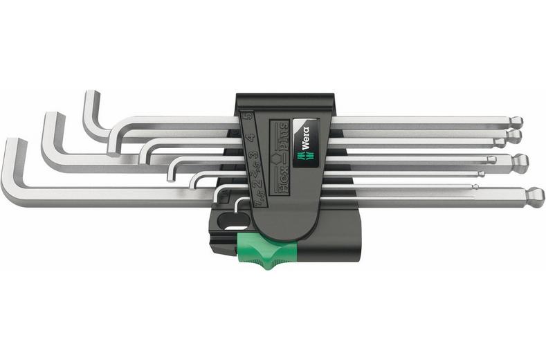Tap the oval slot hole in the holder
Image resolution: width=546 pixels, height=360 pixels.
point(228,222)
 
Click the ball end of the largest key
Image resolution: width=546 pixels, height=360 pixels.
point(534,199)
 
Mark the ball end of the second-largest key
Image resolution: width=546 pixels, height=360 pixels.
point(520,163)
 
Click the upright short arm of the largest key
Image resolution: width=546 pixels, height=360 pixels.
point(13,166)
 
